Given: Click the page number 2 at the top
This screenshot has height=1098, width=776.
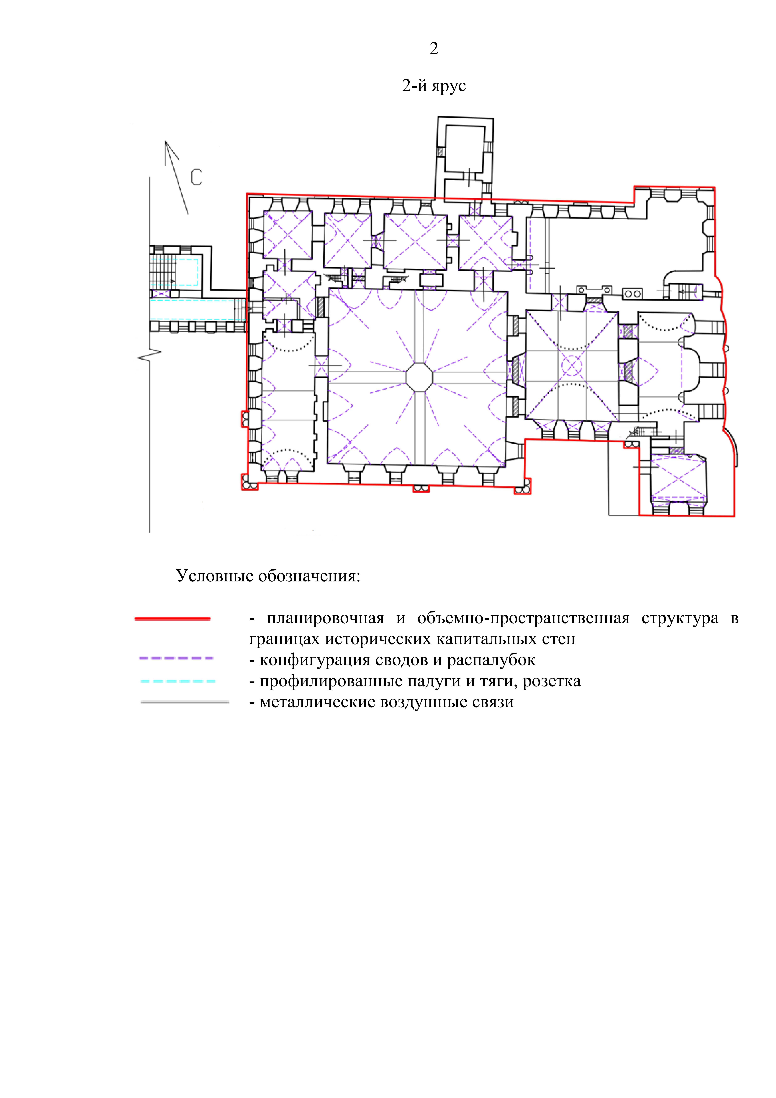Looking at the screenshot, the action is click(434, 48).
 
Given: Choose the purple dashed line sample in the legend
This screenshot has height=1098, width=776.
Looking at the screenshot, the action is click(176, 658).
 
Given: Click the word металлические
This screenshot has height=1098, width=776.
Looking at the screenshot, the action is click(317, 703).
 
